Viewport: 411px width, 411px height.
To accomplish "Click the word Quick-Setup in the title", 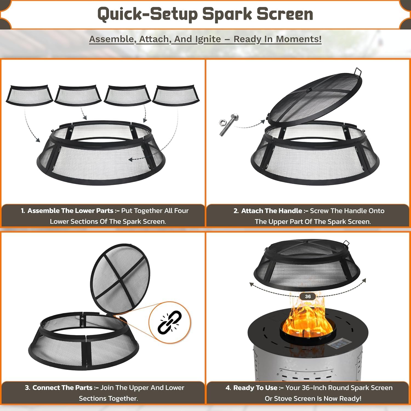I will (x=147, y=14).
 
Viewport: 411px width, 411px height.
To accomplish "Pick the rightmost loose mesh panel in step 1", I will (x=176, y=95).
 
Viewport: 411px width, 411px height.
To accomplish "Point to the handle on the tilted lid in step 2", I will (x=358, y=72).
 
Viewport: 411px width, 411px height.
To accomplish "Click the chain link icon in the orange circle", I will (x=170, y=322).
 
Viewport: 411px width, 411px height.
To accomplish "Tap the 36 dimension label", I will (x=308, y=296).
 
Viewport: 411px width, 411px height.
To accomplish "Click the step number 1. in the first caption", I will (x=23, y=211).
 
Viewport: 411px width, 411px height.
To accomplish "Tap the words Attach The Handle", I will (x=272, y=211).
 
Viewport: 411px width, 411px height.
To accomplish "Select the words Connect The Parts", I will (x=62, y=388).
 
